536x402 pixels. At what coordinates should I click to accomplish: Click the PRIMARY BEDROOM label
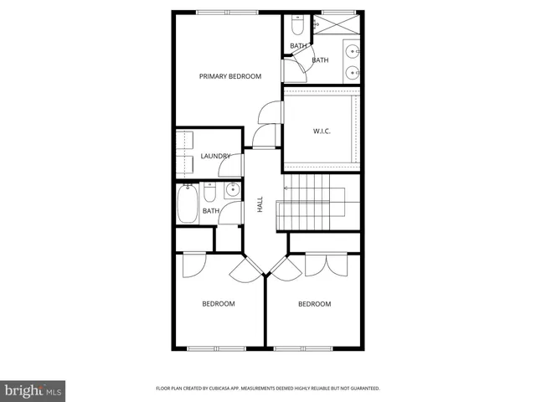click(x=229, y=76)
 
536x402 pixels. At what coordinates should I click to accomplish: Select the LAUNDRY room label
click(x=215, y=156)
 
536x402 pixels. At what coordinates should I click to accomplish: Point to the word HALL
click(x=260, y=204)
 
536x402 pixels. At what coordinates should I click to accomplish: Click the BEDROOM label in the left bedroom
click(x=218, y=303)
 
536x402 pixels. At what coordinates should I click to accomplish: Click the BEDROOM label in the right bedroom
click(x=314, y=303)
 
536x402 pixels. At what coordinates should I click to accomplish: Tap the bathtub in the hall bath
click(x=187, y=204)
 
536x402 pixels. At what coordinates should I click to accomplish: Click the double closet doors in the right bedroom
click(x=326, y=264)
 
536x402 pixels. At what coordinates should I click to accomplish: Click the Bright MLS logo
click(x=33, y=390)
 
